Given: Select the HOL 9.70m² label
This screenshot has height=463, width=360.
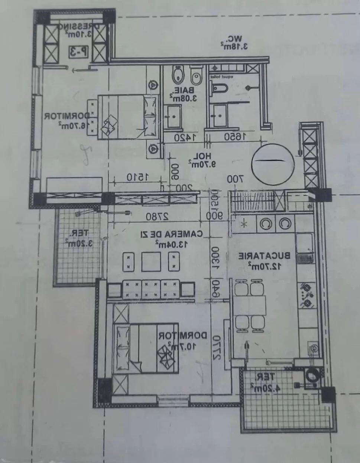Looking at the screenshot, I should pos(202,159).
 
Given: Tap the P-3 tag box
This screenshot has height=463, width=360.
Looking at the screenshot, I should pos(78,52).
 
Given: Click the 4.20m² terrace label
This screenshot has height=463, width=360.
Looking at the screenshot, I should pos(263,382).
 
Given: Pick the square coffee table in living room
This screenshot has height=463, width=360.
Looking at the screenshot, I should pos(151,262).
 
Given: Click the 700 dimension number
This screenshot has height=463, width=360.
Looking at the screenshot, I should pos(235,179).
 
